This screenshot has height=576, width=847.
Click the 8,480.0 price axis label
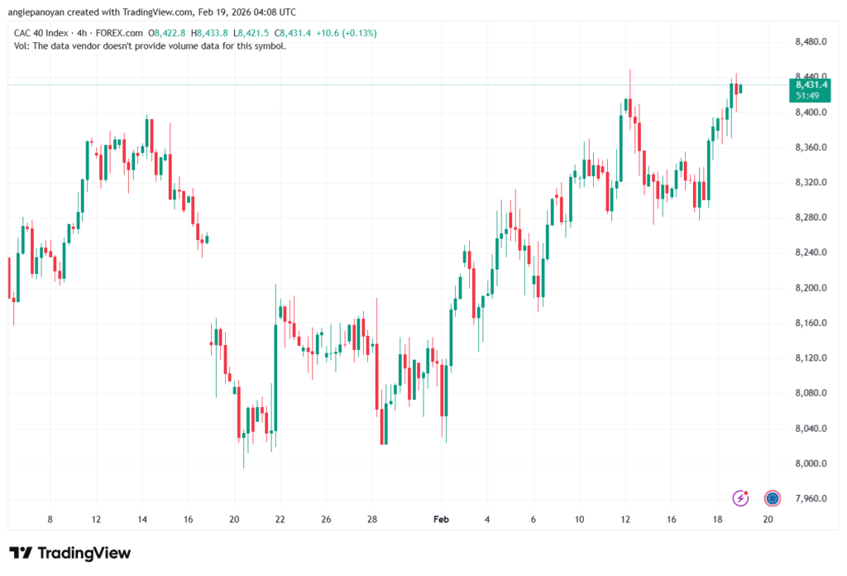(811, 41)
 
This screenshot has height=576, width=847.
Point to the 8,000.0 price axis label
(811, 463)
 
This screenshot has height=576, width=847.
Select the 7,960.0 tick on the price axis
(811, 499)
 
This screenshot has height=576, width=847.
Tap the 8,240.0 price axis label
(811, 252)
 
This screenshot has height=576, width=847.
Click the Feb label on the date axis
(441, 519)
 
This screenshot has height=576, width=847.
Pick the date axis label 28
(372, 519)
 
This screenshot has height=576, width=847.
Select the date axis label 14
(142, 519)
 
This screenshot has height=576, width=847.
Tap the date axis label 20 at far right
(768, 519)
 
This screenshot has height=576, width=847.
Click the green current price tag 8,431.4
(811, 85)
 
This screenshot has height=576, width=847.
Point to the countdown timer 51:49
(807, 96)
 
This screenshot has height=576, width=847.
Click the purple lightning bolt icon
(740, 497)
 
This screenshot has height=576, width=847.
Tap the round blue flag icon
(773, 498)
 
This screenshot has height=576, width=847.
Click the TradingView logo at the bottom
(70, 553)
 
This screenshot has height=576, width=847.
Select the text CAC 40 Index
(41, 33)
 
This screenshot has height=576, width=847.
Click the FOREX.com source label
(119, 33)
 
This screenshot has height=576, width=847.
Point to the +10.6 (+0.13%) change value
(347, 33)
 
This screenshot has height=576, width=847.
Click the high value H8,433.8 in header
(209, 33)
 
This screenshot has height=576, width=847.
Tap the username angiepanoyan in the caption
(36, 12)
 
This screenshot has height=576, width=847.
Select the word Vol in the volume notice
(21, 46)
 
